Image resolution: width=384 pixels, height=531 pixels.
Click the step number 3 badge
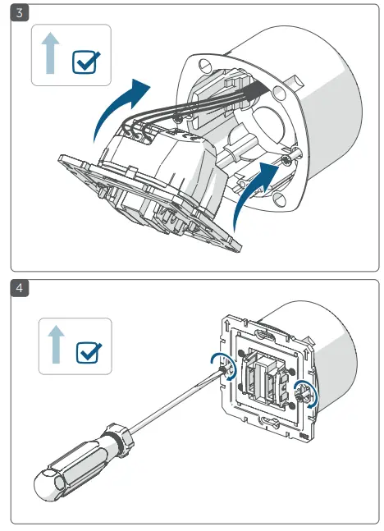(x=20, y=13)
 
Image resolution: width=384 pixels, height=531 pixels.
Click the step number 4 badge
(x=20, y=288)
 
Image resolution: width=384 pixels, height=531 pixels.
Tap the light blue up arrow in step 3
(x=50, y=53)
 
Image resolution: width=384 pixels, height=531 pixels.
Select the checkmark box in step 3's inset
(x=86, y=62)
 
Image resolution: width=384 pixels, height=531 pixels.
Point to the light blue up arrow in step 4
(x=57, y=345)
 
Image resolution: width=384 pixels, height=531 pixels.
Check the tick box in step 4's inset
(x=89, y=353)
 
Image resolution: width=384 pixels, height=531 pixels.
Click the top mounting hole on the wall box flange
(x=204, y=65)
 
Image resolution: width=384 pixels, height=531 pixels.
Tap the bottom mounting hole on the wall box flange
(x=280, y=199)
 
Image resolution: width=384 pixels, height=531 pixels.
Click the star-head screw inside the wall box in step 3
(x=286, y=159)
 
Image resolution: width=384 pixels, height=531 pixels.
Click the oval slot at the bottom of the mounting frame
(x=267, y=422)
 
